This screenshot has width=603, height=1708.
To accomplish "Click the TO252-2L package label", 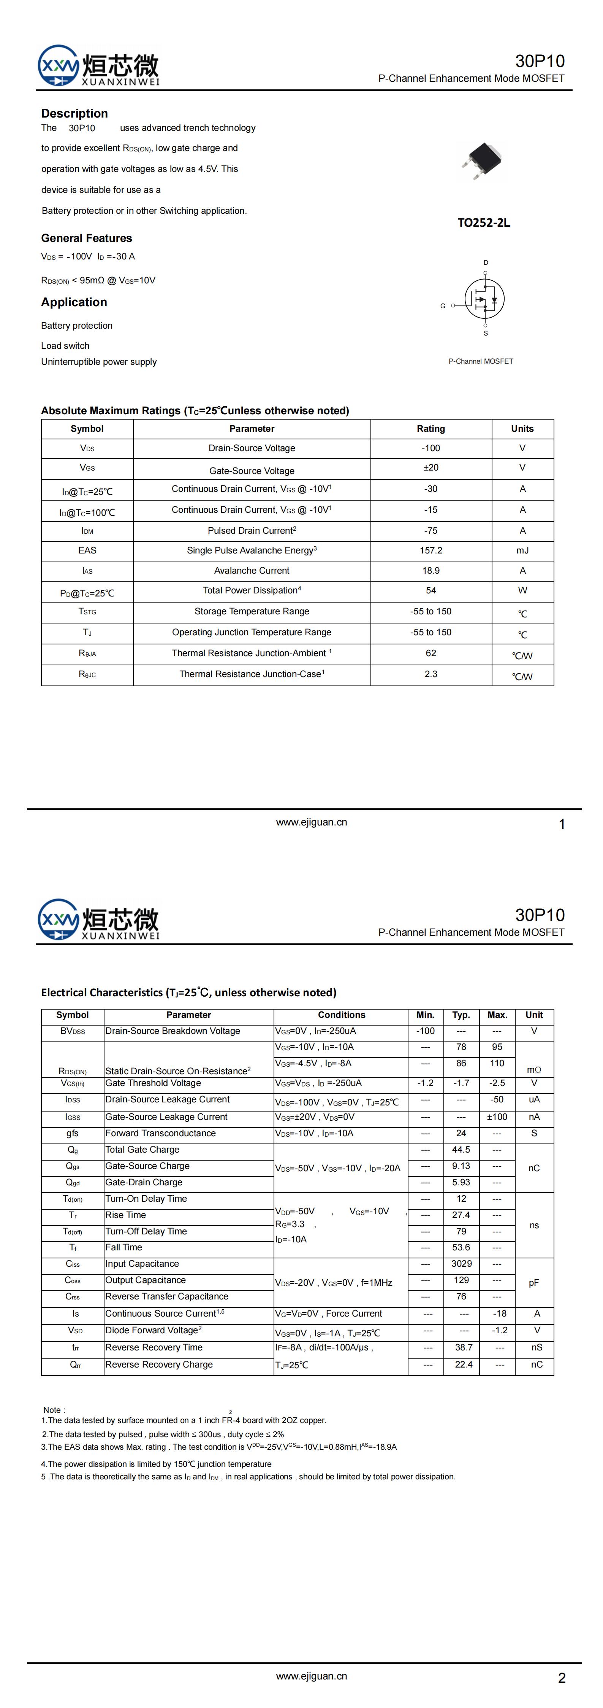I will click(484, 223).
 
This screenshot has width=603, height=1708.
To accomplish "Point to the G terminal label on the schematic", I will click(443, 306).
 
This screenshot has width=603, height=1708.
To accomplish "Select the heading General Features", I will click(86, 238).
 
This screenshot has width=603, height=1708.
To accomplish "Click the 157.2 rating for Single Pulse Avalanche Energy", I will click(431, 550).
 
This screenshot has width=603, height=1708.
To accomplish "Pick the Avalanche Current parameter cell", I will click(252, 570).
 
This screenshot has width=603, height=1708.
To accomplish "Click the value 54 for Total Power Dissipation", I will click(431, 590).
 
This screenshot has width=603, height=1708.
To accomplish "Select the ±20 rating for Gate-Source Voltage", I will click(431, 468).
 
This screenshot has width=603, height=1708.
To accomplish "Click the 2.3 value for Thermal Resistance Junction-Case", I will click(431, 674).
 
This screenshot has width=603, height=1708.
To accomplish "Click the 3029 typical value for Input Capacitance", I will click(461, 1264).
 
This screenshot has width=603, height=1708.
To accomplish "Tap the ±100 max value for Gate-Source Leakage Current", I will click(497, 1116).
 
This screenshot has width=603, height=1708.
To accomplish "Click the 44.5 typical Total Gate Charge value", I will click(461, 1150).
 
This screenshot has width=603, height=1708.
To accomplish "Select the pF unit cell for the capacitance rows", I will click(534, 1283).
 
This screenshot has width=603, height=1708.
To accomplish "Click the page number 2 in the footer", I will click(562, 1678).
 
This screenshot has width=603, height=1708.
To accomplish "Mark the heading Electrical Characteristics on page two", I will click(188, 992).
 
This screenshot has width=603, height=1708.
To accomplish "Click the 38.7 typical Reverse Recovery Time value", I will click(464, 1347).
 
